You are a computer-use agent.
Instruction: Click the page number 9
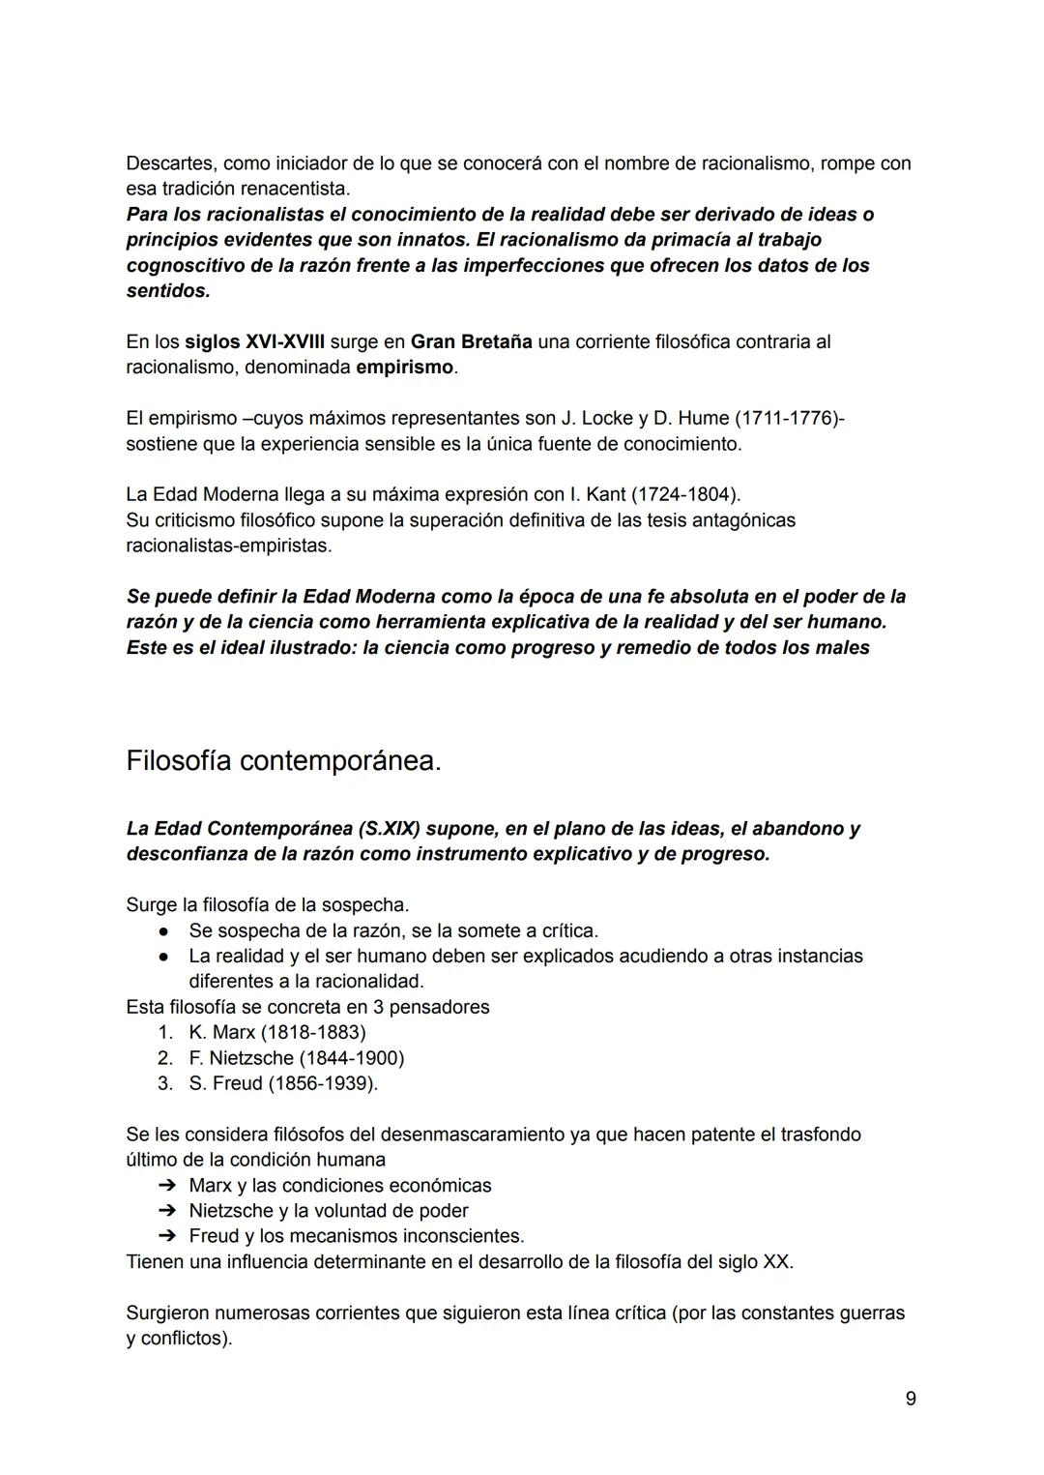pyautogui.click(x=911, y=1399)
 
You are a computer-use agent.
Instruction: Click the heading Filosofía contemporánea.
pyautogui.click(x=283, y=761)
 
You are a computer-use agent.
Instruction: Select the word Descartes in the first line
pyautogui.click(x=170, y=163)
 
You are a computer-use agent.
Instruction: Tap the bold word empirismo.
pyautogui.click(x=404, y=368)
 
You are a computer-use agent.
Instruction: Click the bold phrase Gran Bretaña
pyautogui.click(x=471, y=341)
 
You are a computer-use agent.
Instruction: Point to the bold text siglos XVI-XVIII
pyautogui.click(x=254, y=341)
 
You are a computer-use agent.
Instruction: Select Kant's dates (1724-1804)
pyautogui.click(x=685, y=494)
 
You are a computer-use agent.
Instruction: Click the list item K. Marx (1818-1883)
pyautogui.click(x=277, y=1032)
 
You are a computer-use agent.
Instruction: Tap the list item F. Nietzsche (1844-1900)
pyautogui.click(x=297, y=1058)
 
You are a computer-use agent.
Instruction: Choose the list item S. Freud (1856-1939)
pyautogui.click(x=282, y=1083)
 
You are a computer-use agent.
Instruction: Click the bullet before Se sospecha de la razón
pyautogui.click(x=165, y=931)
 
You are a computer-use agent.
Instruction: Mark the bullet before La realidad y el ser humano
pyautogui.click(x=165, y=957)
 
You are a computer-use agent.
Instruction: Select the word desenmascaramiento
pyautogui.click(x=472, y=1135)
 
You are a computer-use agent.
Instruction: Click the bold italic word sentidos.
pyautogui.click(x=167, y=290)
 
